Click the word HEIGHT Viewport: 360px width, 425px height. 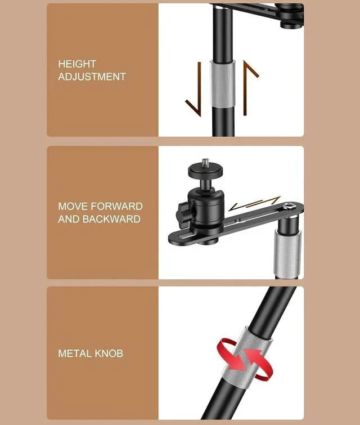[x=77, y=64]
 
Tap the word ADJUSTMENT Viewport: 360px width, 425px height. [x=92, y=77]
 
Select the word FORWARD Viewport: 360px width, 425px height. [x=116, y=207]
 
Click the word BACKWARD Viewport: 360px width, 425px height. [x=111, y=219]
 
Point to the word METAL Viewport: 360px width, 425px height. [x=75, y=354]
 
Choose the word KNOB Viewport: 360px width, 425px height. [x=109, y=354]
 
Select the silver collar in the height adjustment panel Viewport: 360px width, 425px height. [x=223, y=84]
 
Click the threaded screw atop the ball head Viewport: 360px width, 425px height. [x=205, y=162]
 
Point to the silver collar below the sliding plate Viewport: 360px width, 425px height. [x=287, y=253]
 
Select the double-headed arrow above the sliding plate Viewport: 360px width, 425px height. [x=255, y=203]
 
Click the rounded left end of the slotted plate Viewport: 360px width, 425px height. [x=173, y=238]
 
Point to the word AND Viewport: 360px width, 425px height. [x=69, y=219]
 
